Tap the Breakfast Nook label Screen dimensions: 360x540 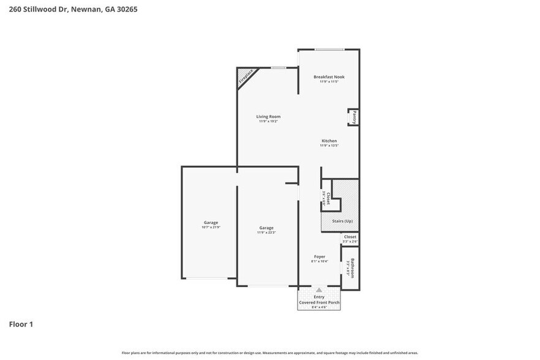[329, 77]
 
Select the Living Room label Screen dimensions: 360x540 [268, 116]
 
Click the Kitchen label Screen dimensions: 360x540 [329, 141]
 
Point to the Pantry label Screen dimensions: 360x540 [354, 117]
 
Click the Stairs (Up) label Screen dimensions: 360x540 [342, 221]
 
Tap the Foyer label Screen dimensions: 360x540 [319, 257]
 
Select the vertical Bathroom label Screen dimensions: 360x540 [352, 268]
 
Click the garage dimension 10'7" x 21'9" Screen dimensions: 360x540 [211, 227]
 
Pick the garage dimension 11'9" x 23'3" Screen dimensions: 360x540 [266, 233]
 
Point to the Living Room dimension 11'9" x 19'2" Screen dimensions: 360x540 [268, 121]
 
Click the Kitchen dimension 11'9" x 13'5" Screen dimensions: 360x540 [329, 146]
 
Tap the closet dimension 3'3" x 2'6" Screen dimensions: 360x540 [350, 242]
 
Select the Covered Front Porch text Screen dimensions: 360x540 [319, 302]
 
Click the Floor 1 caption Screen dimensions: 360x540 [21, 324]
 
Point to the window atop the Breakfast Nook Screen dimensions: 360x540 [329, 50]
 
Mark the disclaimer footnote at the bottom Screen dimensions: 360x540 [269, 353]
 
